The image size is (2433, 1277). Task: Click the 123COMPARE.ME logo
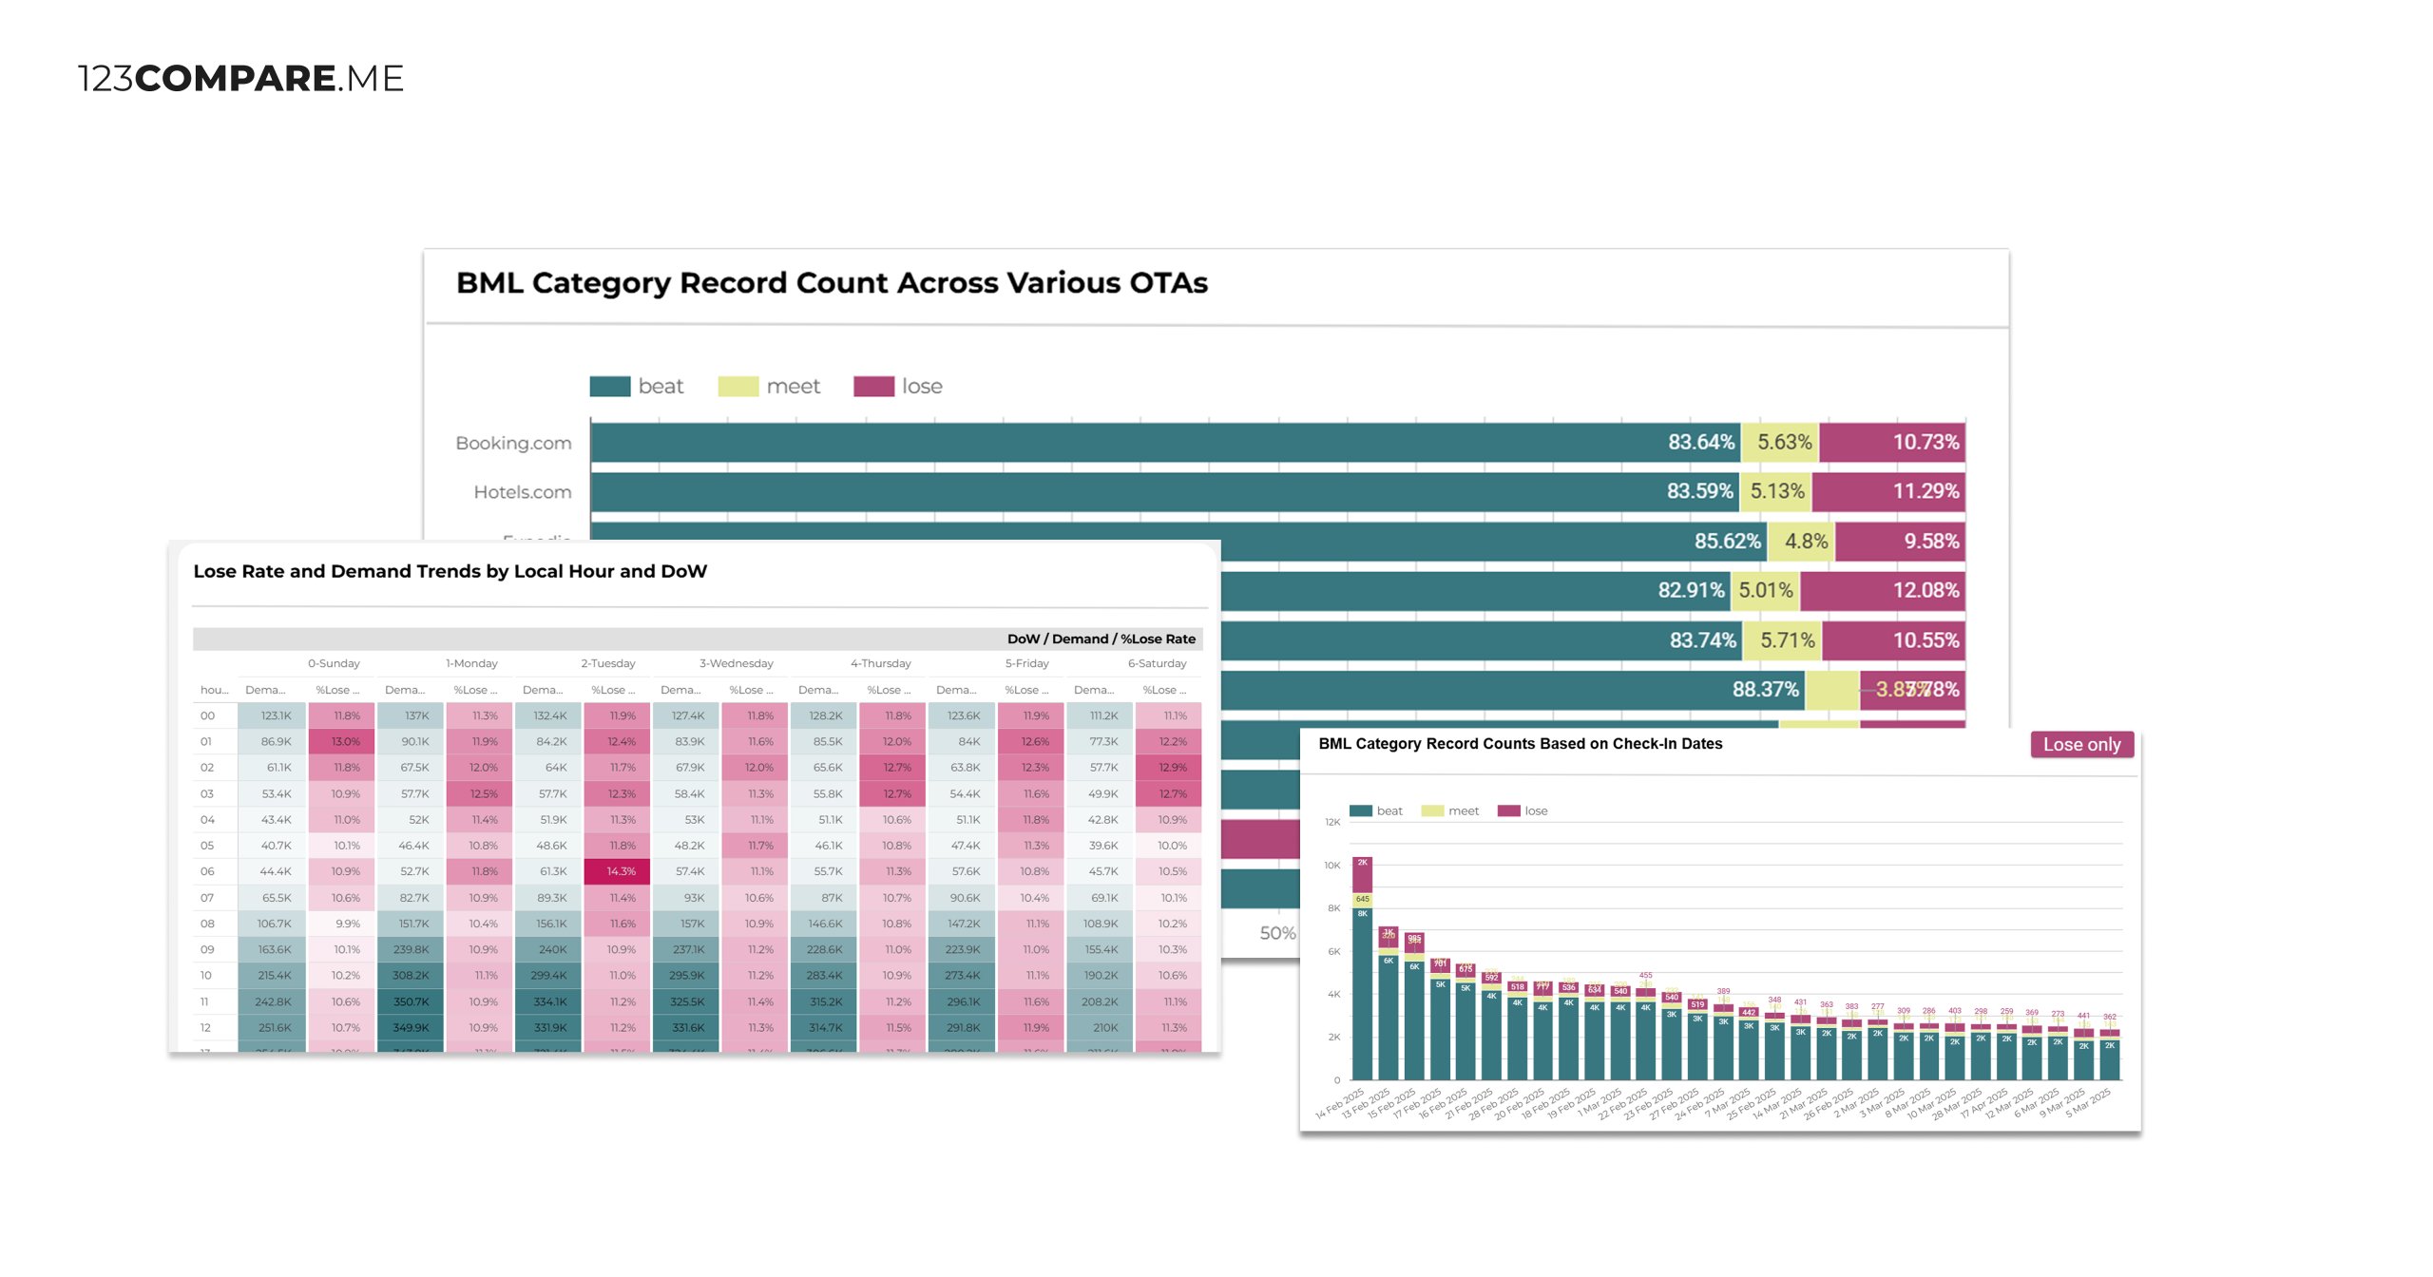pyautogui.click(x=240, y=78)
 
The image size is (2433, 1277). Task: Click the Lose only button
pyautogui.click(x=2081, y=745)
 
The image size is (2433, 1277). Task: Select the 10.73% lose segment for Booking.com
pyautogui.click(x=1891, y=443)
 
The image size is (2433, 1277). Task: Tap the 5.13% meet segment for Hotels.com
pyautogui.click(x=1776, y=492)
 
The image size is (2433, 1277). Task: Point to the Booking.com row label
pyautogui.click(x=513, y=444)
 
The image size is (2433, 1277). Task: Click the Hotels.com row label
pyautogui.click(x=523, y=492)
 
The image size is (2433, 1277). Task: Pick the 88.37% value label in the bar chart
pyautogui.click(x=1765, y=690)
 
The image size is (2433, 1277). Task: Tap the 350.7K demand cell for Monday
pyautogui.click(x=411, y=1001)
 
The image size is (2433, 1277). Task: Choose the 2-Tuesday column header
pyautogui.click(x=608, y=663)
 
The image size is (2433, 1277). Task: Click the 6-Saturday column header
pyautogui.click(x=1157, y=663)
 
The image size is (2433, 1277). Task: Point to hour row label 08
pyautogui.click(x=207, y=924)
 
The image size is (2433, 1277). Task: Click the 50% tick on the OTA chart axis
pyautogui.click(x=1277, y=933)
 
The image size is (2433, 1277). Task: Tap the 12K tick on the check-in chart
pyautogui.click(x=1332, y=823)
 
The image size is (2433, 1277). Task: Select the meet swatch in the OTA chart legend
pyautogui.click(x=738, y=387)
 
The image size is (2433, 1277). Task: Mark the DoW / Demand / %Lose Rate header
pyautogui.click(x=1101, y=639)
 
